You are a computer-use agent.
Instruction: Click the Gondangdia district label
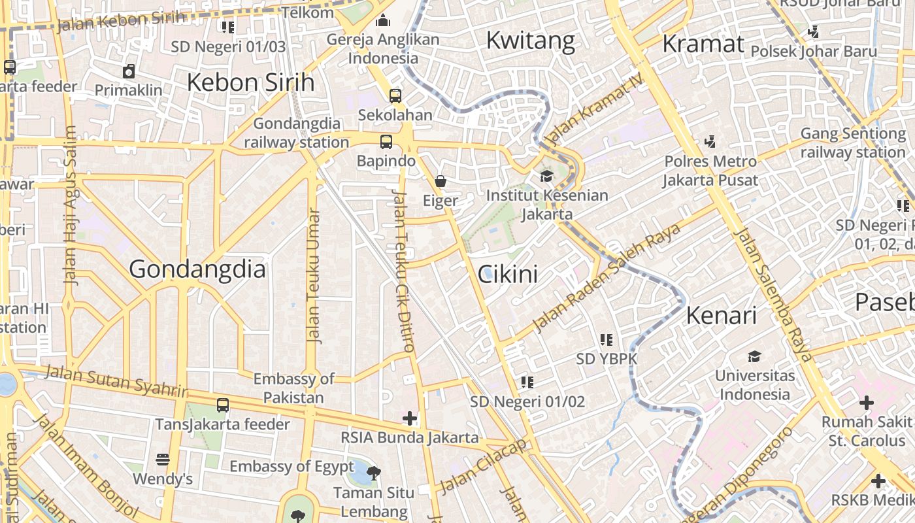tap(197, 269)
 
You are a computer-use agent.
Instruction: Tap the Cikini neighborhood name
tap(508, 274)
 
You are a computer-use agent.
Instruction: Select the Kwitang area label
tap(531, 41)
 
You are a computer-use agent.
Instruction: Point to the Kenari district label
tap(722, 316)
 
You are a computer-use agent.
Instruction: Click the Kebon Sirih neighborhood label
tap(251, 82)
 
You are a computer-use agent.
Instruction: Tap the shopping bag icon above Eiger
tap(441, 181)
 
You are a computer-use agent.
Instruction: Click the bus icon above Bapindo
tap(386, 141)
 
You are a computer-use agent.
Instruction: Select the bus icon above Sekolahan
tap(395, 95)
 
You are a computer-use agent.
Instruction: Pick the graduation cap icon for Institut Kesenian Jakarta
tap(546, 176)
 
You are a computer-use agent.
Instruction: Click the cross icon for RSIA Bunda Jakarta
tap(410, 418)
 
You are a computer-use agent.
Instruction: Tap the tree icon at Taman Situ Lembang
tap(373, 472)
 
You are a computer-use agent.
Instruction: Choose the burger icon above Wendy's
tap(163, 460)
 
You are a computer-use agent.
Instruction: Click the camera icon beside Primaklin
tap(129, 71)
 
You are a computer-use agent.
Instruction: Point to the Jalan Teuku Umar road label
tap(314, 276)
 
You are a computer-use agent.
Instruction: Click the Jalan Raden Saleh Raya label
tap(607, 277)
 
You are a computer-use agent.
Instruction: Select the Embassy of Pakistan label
tap(293, 388)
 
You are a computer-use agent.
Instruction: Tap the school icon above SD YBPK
tap(607, 339)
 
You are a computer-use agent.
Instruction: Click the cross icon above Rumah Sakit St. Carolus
tap(867, 403)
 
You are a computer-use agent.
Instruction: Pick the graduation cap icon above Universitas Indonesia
tap(755, 356)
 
